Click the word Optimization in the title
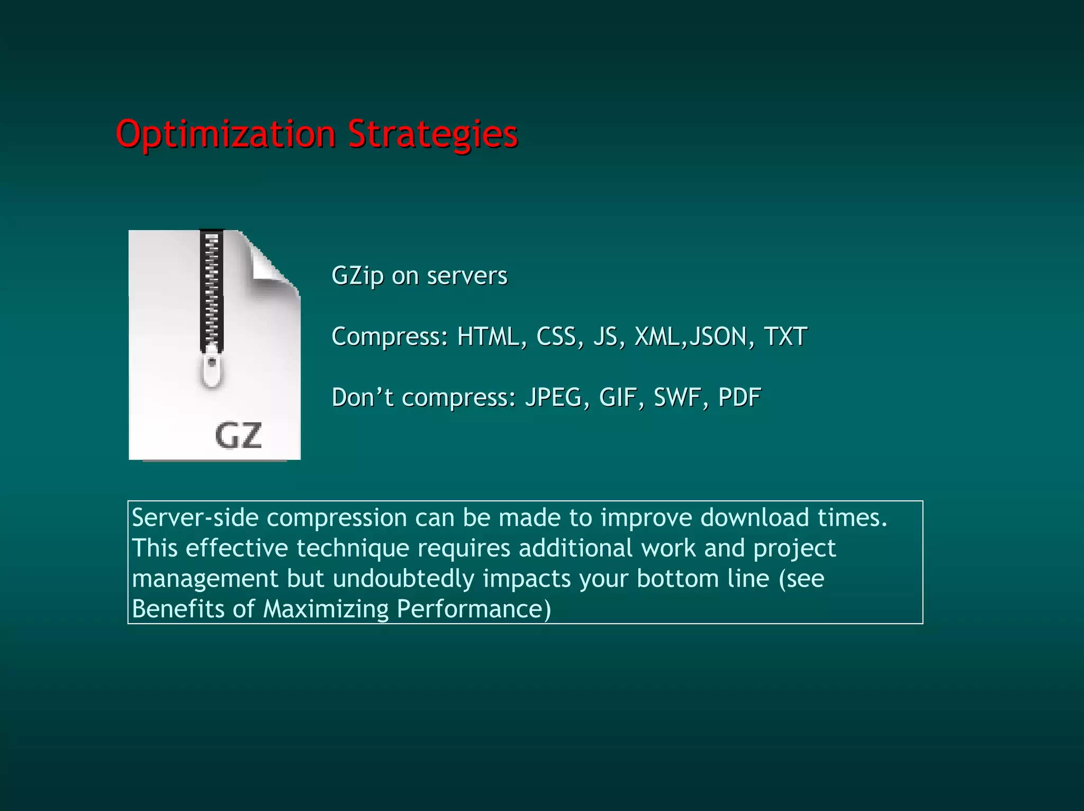point(225,134)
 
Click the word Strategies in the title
point(432,134)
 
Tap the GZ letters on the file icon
point(238,436)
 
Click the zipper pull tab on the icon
point(212,368)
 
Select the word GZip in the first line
point(357,276)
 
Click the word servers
point(467,276)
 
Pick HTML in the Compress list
point(488,336)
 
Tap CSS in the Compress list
point(556,336)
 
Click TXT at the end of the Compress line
point(785,336)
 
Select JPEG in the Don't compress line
point(553,397)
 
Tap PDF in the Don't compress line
point(739,397)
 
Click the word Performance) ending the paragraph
point(474,609)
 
